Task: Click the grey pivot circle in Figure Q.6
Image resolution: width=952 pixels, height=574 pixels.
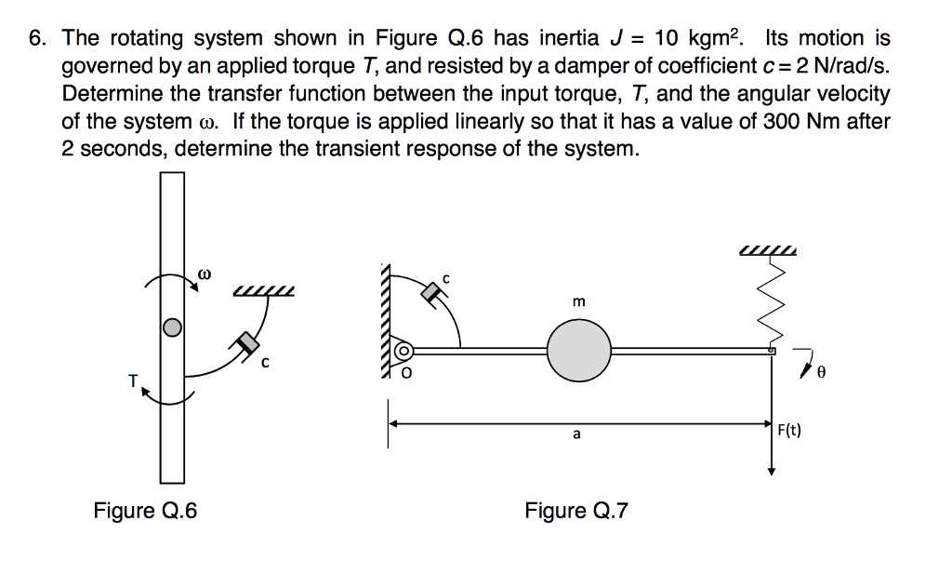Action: click(x=171, y=327)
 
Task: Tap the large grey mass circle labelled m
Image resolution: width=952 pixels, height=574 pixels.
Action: click(x=578, y=350)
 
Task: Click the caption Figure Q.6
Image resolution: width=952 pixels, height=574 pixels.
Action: click(x=145, y=511)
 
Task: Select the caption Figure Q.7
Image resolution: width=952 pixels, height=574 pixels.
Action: click(x=576, y=511)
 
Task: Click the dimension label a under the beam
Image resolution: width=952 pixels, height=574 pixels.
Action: click(x=576, y=434)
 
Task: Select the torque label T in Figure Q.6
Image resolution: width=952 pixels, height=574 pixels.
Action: click(x=133, y=380)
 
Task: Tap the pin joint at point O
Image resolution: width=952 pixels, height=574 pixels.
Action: click(x=403, y=352)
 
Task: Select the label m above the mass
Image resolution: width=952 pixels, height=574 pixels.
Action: click(x=579, y=302)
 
